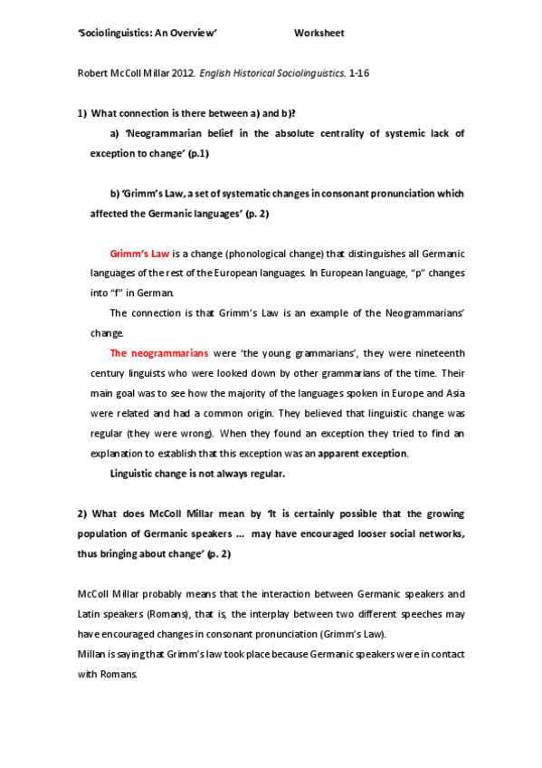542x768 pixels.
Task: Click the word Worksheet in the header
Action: tap(319, 34)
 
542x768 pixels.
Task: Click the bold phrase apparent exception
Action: tap(367, 453)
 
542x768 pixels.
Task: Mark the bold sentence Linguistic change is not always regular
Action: tap(197, 474)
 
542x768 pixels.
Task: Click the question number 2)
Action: tap(81, 513)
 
